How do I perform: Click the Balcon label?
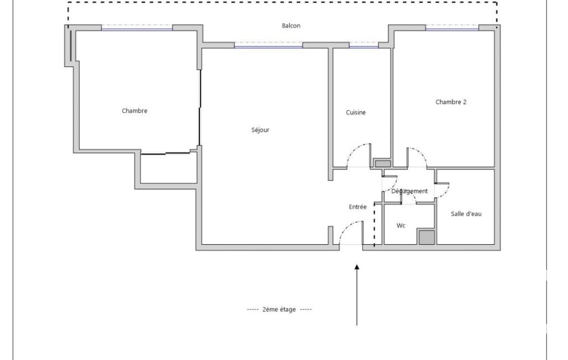pyautogui.click(x=291, y=25)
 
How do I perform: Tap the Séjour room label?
pyautogui.click(x=260, y=130)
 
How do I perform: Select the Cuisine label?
pyautogui.click(x=356, y=112)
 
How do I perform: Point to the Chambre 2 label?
pyautogui.click(x=451, y=102)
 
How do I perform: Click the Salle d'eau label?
pyautogui.click(x=466, y=214)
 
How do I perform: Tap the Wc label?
pyautogui.click(x=401, y=225)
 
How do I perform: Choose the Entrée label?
pyautogui.click(x=357, y=207)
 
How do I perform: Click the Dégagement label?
pyautogui.click(x=410, y=191)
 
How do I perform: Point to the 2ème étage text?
pyautogui.click(x=279, y=309)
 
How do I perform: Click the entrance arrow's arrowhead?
pyautogui.click(x=357, y=268)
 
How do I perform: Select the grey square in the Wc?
pyautogui.click(x=427, y=237)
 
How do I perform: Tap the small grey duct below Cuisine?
pyautogui.click(x=382, y=164)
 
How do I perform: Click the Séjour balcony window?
pyautogui.click(x=268, y=46)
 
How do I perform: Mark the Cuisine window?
pyautogui.click(x=364, y=46)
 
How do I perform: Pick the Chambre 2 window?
pyautogui.click(x=452, y=28)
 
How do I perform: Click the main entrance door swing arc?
pyautogui.click(x=346, y=228)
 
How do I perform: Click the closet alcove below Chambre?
pyautogui.click(x=168, y=168)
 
